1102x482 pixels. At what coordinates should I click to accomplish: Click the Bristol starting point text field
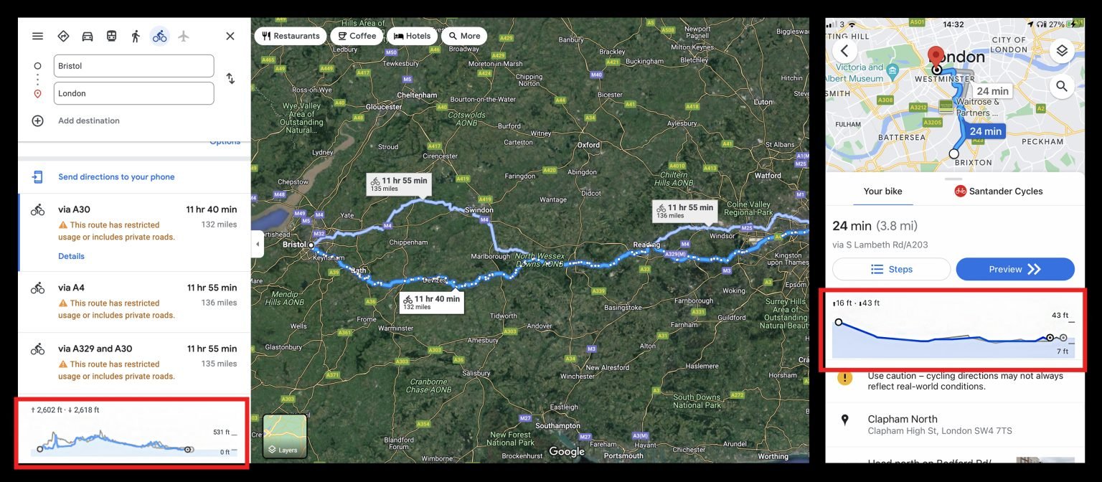coord(133,66)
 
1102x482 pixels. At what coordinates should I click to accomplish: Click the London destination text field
coord(133,93)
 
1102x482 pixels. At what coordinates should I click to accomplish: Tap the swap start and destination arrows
coord(230,79)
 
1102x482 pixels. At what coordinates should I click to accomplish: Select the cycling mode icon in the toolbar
coord(159,36)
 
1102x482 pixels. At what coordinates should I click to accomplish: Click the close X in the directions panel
coord(230,36)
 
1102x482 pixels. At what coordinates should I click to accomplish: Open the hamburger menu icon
coord(37,36)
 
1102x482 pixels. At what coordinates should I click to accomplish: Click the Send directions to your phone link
coord(116,177)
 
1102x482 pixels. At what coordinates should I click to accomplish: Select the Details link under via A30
coord(71,256)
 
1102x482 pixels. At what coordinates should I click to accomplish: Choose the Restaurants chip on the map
coord(290,36)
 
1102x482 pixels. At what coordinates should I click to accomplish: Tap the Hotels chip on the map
coord(412,36)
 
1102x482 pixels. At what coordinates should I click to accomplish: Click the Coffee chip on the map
coord(357,36)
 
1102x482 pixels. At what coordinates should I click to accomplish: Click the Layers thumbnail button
coord(285,436)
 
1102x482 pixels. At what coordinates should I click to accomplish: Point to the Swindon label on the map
coord(479,210)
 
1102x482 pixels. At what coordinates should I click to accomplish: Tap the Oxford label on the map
coord(588,145)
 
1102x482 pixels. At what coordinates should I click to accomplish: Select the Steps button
coord(891,269)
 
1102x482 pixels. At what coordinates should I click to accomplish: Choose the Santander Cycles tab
coord(998,192)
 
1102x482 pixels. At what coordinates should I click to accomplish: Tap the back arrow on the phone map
coord(844,50)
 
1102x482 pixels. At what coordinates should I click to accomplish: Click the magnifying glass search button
coord(1061,86)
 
